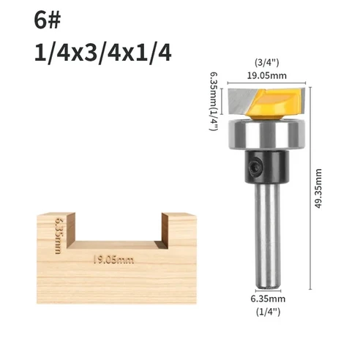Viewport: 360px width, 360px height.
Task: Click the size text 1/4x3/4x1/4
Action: click(x=102, y=53)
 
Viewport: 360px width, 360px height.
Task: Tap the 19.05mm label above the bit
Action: click(x=265, y=74)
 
